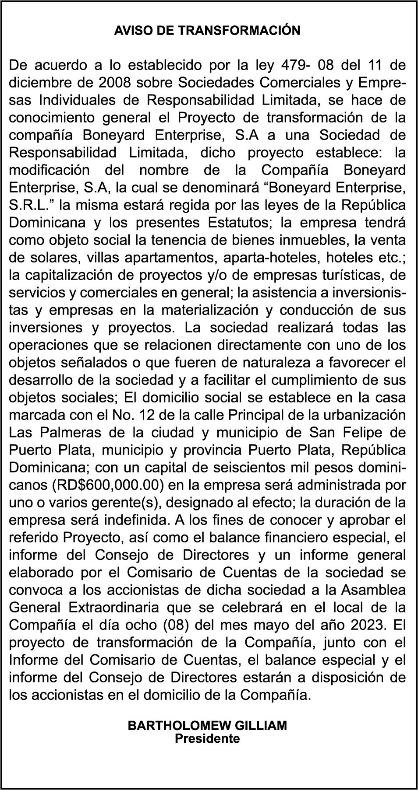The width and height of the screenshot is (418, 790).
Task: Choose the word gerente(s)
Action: [146, 503]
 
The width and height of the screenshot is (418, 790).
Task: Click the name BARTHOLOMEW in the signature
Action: [180, 726]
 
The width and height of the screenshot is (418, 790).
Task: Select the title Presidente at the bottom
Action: [207, 739]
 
